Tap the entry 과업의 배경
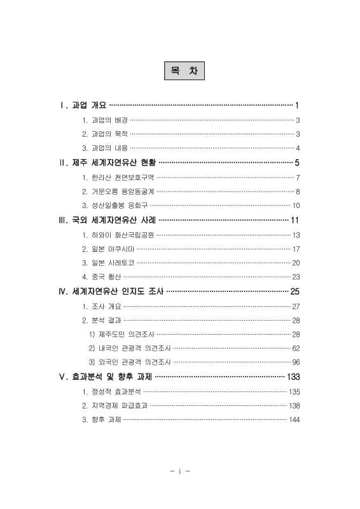[105, 120]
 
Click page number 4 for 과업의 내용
[298, 148]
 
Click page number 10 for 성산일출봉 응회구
[296, 206]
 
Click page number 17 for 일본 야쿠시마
[296, 249]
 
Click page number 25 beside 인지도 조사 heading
[294, 291]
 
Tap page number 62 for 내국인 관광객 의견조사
[296, 348]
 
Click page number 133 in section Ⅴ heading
[293, 377]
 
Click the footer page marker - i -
[181, 471]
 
